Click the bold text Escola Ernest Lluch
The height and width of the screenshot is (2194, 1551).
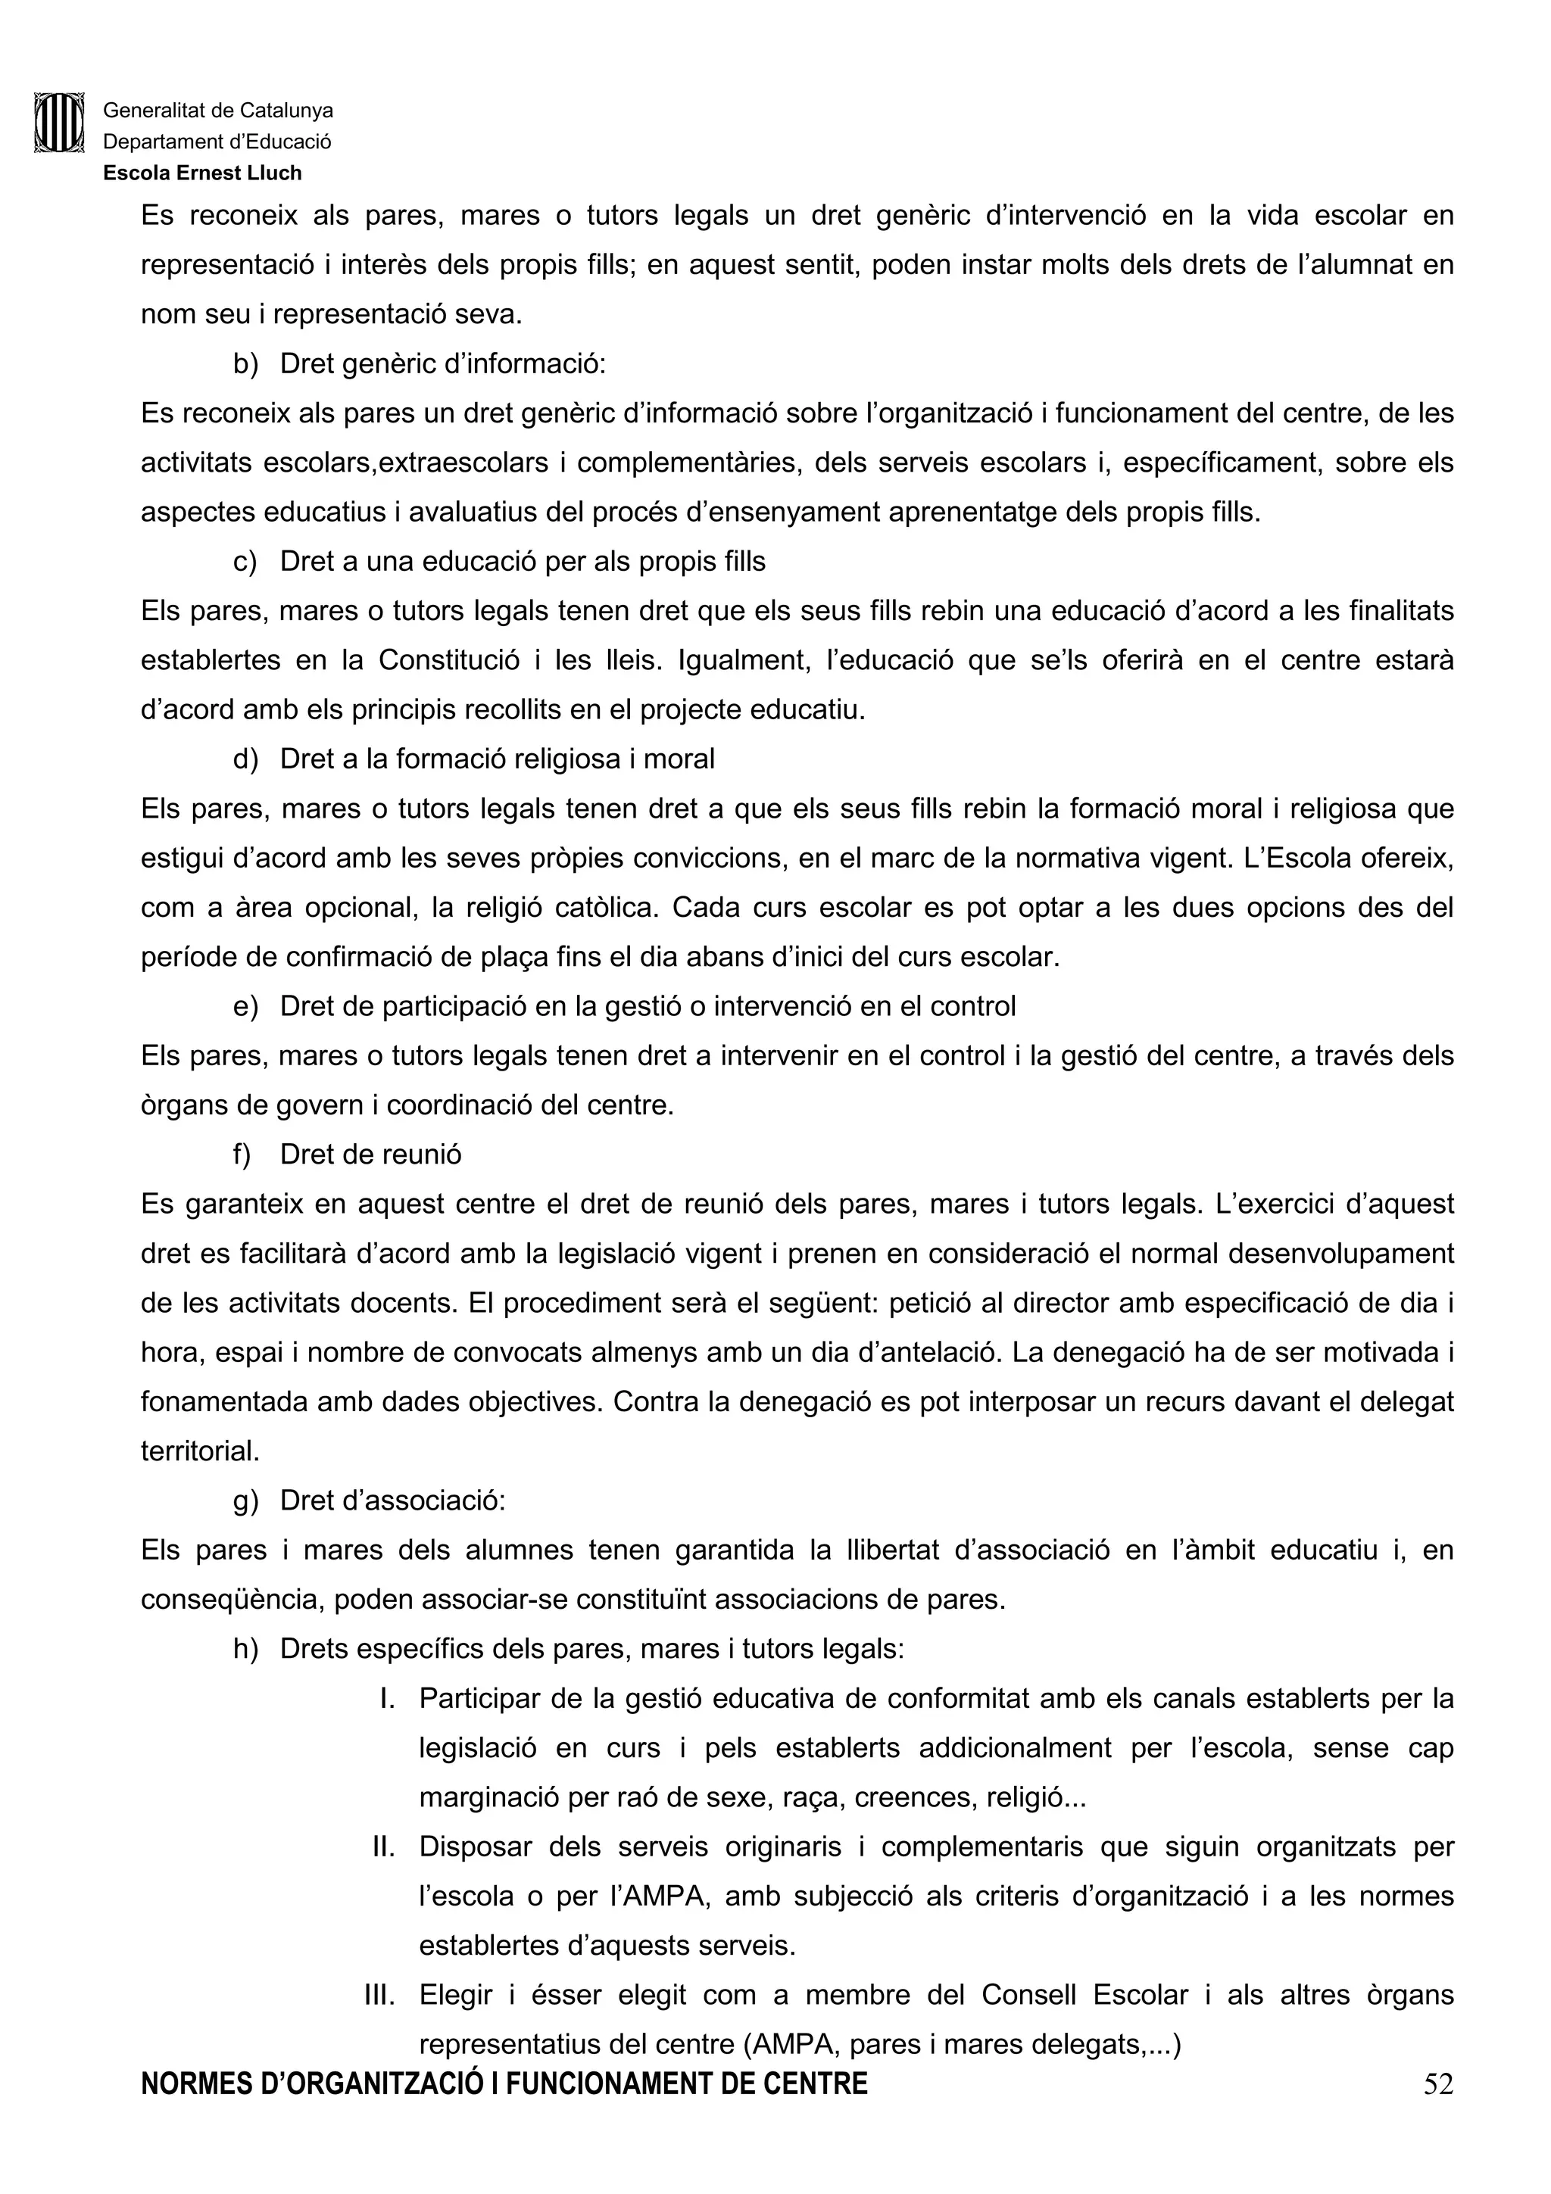pyautogui.click(x=203, y=173)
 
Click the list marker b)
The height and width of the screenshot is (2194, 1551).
pyautogui.click(x=245, y=364)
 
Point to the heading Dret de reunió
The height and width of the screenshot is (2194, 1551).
pyautogui.click(x=371, y=1155)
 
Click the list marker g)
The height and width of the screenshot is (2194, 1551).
pyautogui.click(x=245, y=1501)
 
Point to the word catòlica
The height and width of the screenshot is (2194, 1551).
pyautogui.click(x=606, y=907)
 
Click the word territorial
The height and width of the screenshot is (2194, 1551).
pyautogui.click(x=200, y=1451)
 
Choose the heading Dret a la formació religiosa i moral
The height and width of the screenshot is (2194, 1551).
pyautogui.click(x=497, y=759)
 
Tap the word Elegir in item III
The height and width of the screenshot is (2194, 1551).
pyautogui.click(x=456, y=1994)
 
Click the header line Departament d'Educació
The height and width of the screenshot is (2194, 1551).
pyautogui.click(x=217, y=142)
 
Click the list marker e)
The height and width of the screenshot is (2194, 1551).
pyautogui.click(x=245, y=1006)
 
